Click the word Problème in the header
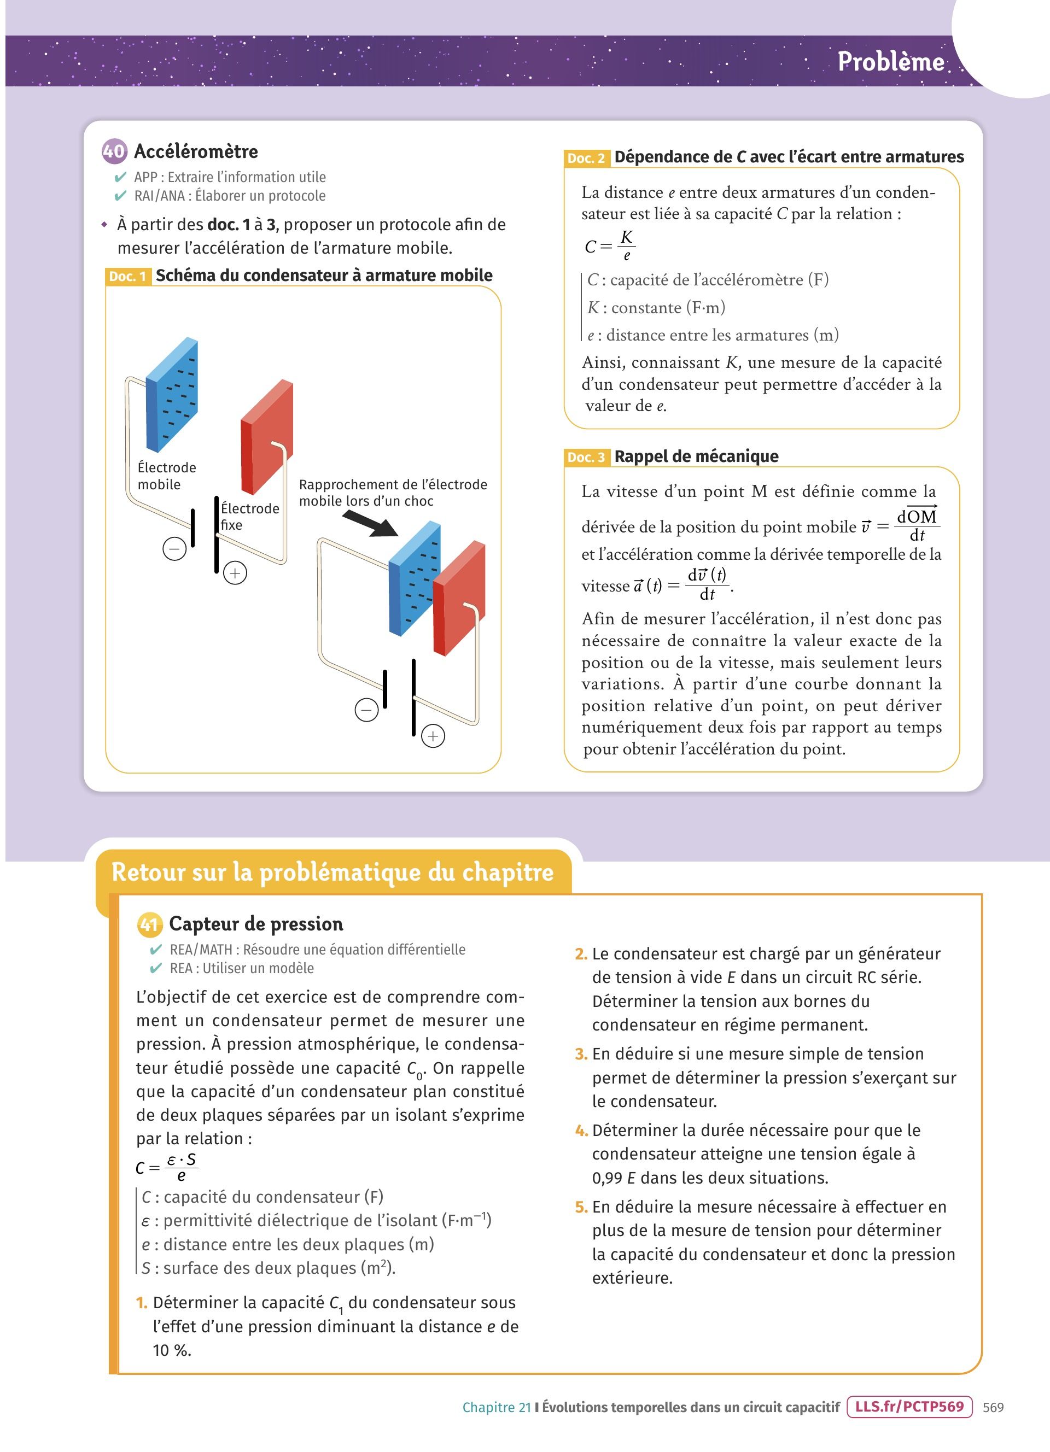(x=890, y=62)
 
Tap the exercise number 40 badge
(x=114, y=151)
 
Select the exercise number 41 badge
(x=149, y=924)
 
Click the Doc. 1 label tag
(x=128, y=277)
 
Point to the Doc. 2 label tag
(x=586, y=158)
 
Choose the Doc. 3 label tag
(x=586, y=457)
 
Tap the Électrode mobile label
(x=166, y=476)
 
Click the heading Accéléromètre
(x=196, y=152)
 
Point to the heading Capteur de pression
(x=255, y=924)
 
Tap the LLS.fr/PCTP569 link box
(x=908, y=1407)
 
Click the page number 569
(x=993, y=1407)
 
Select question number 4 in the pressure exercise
(x=581, y=1131)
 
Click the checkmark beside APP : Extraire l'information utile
(x=120, y=177)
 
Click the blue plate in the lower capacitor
(x=413, y=579)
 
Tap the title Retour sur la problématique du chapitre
(x=332, y=872)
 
